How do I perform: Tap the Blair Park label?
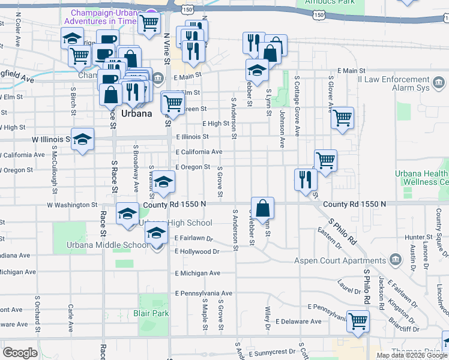[152, 313]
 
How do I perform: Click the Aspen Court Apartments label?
[340, 260]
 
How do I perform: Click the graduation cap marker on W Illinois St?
[83, 140]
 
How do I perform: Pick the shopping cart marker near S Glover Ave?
[342, 118]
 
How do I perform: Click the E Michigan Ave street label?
[197, 273]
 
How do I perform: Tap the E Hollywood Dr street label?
[196, 251]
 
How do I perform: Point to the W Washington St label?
[72, 205]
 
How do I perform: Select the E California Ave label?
[199, 152]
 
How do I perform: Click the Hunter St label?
[415, 238]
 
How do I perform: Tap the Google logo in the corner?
[20, 352]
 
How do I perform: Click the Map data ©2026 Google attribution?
[412, 355]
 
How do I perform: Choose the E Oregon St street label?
[192, 167]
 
